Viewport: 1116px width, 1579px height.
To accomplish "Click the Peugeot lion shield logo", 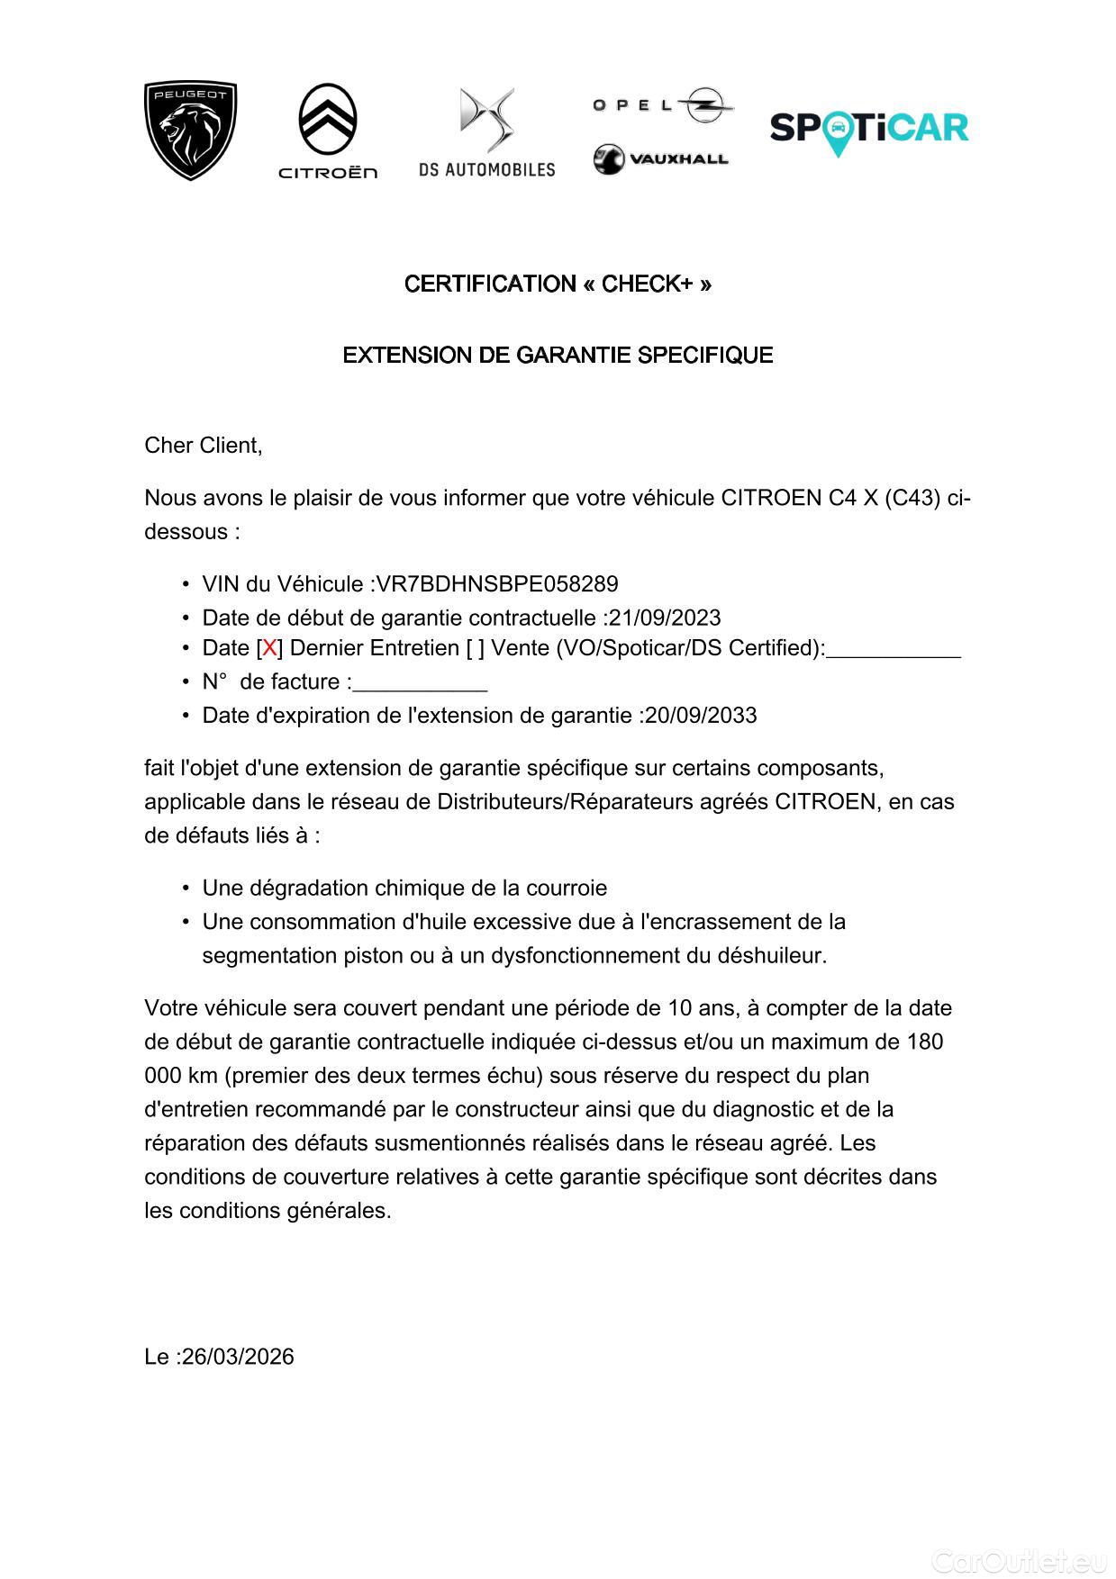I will (x=190, y=131).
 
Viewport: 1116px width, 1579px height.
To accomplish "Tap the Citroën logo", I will (x=328, y=131).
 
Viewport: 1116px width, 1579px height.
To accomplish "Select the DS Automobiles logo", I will (x=486, y=132).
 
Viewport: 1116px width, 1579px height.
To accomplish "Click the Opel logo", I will (x=662, y=105).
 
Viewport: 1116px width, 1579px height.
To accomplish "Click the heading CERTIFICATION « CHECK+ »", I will (x=558, y=284).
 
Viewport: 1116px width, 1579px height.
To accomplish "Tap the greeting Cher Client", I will (x=204, y=445).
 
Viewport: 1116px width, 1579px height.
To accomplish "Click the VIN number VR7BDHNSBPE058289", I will (x=497, y=584).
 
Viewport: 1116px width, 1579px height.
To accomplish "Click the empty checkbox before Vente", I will (x=475, y=648).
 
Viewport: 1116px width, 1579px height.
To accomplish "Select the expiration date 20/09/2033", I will (x=701, y=716).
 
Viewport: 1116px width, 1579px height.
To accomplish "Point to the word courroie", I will (x=567, y=889).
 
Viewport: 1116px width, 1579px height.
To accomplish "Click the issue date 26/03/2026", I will (x=238, y=1357).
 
